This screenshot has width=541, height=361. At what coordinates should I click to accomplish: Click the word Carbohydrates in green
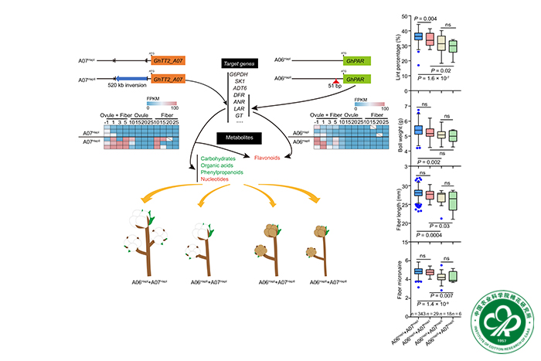211,157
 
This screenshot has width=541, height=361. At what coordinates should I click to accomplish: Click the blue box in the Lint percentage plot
418,36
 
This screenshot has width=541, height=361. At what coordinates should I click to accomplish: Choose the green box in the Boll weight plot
453,135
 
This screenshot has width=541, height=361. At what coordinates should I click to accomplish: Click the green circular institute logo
498,315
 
